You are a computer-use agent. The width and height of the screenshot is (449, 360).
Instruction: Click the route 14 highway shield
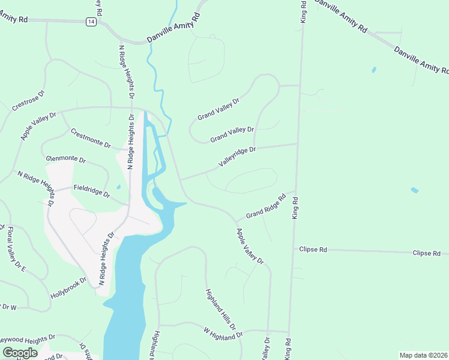(90, 22)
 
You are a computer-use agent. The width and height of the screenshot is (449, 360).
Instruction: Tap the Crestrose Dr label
(28, 101)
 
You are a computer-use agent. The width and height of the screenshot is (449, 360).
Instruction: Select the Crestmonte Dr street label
(91, 139)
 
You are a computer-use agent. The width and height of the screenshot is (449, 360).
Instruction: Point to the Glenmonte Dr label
(66, 160)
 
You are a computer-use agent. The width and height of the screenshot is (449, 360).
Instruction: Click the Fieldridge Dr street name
(92, 191)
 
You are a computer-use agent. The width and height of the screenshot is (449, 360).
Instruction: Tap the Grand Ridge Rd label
(265, 207)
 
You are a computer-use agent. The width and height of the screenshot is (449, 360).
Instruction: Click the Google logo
(19, 353)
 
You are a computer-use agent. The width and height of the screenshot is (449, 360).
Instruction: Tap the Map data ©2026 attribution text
(424, 355)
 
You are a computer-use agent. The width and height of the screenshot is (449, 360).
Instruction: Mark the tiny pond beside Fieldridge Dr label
(118, 187)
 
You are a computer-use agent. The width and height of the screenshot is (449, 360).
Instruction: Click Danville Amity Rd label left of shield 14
(14, 20)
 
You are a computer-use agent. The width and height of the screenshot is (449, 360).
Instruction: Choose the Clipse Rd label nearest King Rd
(315, 249)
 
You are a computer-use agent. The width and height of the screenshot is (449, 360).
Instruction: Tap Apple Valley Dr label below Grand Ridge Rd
(250, 246)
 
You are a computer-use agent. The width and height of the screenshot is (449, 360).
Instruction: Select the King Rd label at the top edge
(304, 12)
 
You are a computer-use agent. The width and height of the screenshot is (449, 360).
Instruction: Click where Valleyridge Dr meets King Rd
(298, 143)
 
